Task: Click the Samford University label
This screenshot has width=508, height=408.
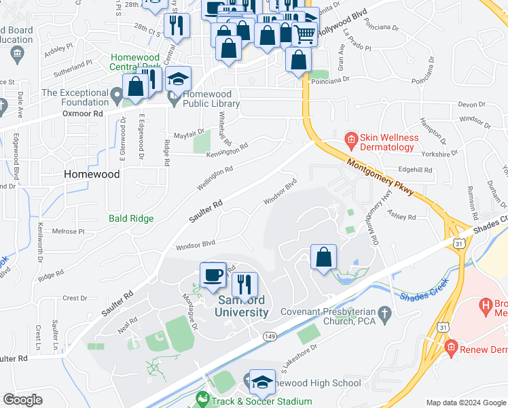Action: (242, 306)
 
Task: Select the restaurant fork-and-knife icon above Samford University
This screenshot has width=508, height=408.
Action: (245, 285)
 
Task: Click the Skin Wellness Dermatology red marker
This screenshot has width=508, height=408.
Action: (351, 141)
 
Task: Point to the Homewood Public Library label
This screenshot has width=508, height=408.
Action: (209, 99)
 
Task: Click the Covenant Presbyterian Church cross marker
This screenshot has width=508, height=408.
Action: (384, 313)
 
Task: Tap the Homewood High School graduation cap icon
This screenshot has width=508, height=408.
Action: (262, 382)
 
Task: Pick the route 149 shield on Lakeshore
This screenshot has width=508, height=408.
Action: (270, 335)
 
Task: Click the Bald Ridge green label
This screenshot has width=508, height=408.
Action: (131, 219)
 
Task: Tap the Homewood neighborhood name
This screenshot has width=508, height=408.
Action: (91, 174)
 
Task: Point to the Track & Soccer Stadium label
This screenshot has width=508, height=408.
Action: (261, 401)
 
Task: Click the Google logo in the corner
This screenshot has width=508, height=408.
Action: (22, 399)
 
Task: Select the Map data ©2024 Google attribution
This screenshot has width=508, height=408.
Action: (465, 403)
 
